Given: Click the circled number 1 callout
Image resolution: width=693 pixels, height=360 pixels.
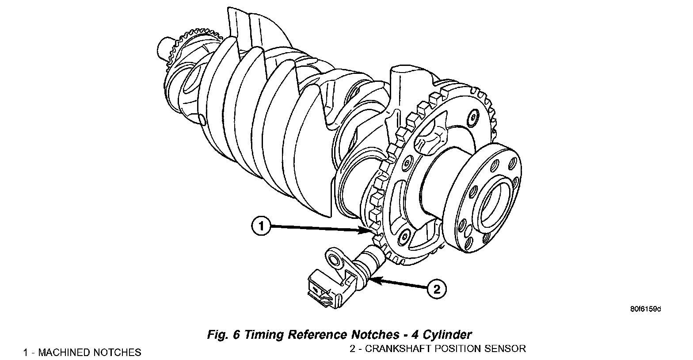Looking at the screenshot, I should (261, 227).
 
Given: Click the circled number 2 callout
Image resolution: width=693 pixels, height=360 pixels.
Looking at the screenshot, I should (436, 290).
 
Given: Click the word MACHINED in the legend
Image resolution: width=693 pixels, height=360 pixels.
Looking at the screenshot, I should (66, 352).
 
